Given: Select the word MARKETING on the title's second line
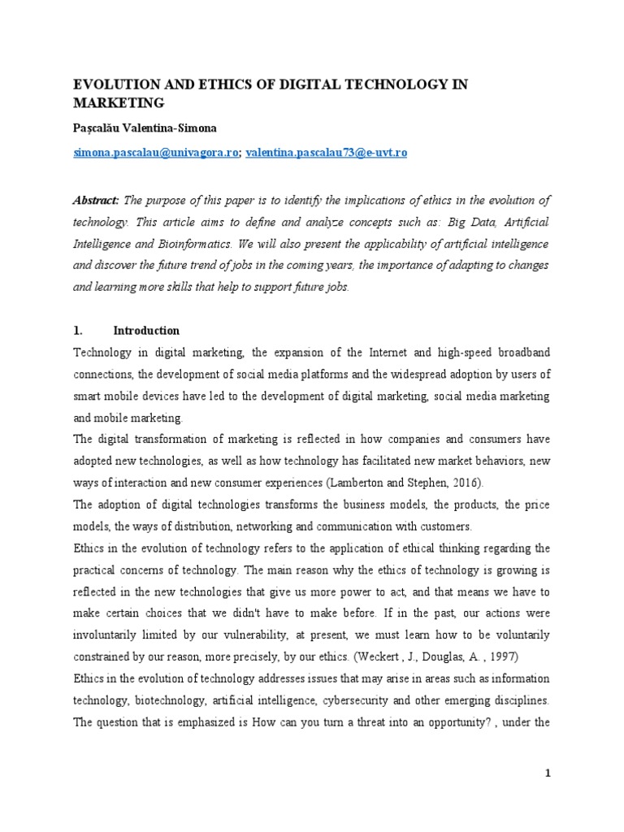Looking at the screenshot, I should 119,102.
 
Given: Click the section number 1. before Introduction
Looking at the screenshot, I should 79,331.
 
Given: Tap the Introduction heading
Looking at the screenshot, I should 146,331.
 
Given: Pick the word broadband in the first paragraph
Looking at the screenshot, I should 523,353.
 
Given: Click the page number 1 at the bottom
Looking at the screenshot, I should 548,773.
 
